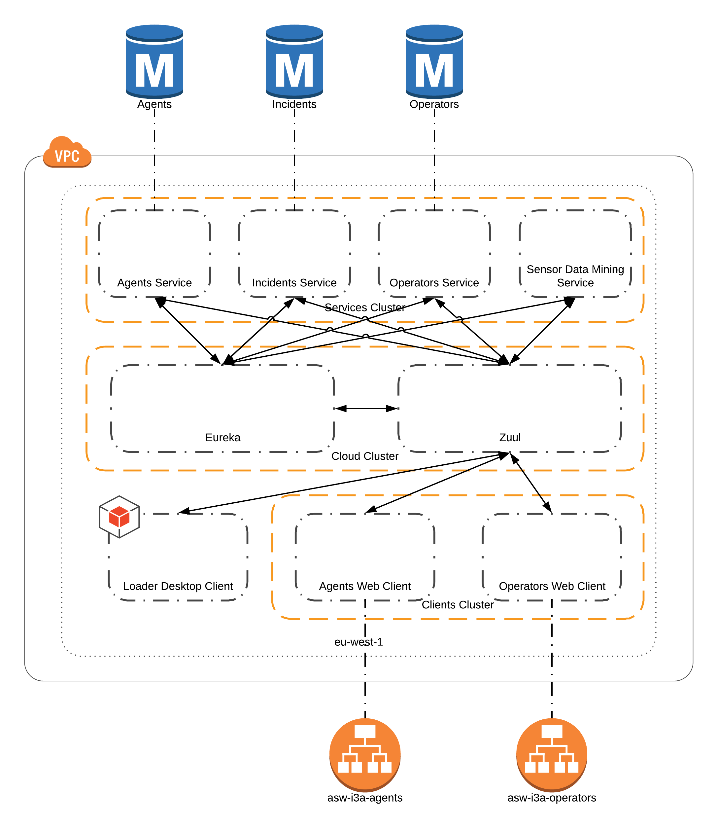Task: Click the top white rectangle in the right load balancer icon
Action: click(x=552, y=731)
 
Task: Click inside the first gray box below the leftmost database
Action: click(x=154, y=254)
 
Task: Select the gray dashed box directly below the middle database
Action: click(x=294, y=254)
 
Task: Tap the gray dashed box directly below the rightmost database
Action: click(x=434, y=254)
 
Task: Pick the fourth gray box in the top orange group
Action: click(x=575, y=254)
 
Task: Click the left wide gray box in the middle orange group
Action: click(x=222, y=408)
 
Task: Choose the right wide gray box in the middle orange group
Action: click(x=510, y=408)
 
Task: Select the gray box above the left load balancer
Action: click(x=364, y=557)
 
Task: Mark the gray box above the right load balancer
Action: click(x=552, y=557)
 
